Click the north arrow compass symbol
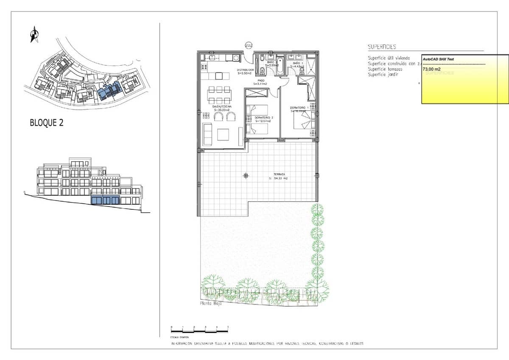(34, 34)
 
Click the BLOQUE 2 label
(47, 123)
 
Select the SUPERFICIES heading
(382, 47)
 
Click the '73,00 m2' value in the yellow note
(431, 69)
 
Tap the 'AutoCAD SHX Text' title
(438, 59)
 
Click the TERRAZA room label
(279, 174)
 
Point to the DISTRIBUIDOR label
(245, 70)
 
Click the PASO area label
(261, 80)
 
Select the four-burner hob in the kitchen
(204, 67)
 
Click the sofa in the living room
(208, 135)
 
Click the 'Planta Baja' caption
(210, 304)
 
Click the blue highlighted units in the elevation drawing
(105, 200)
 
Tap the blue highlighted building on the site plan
(109, 90)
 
